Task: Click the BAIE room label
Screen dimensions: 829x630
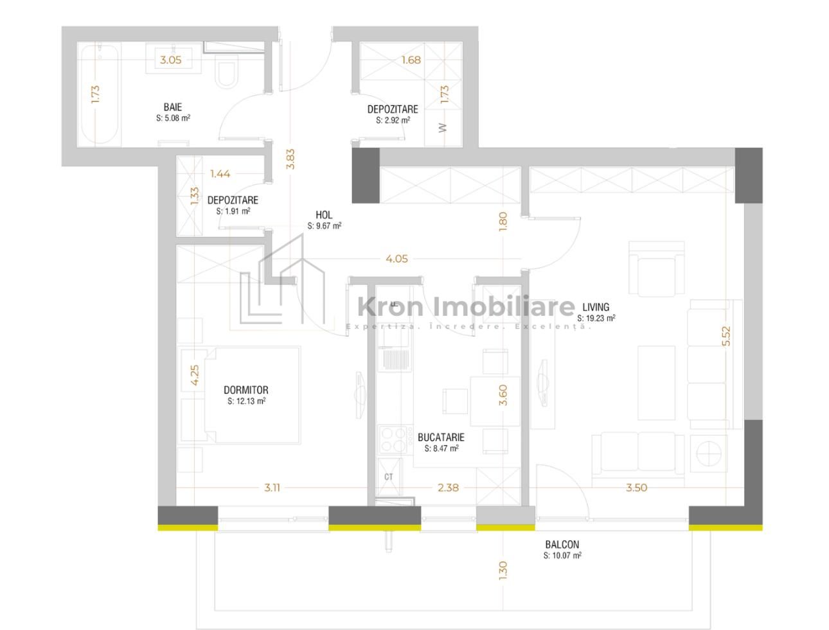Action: (173, 107)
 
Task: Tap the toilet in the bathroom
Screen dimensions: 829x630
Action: (226, 71)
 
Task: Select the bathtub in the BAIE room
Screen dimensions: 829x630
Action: (100, 94)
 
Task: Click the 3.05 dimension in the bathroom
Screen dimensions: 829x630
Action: (171, 60)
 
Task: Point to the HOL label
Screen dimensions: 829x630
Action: (324, 215)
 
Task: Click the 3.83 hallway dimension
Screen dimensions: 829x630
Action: (290, 159)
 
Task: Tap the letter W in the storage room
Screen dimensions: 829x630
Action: (443, 128)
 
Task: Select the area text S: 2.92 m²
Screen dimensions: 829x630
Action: (393, 120)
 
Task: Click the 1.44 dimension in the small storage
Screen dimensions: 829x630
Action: (220, 173)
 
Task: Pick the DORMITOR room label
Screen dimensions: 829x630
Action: (246, 390)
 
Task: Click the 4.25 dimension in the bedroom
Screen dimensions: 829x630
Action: (195, 375)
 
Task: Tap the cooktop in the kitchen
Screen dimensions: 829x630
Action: (393, 439)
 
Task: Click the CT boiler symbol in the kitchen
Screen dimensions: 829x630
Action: (389, 477)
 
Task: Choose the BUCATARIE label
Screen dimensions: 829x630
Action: (441, 437)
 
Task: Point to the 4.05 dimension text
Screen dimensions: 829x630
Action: (397, 259)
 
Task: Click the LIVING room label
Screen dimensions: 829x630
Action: (596, 307)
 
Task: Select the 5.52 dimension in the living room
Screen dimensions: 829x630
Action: (726, 336)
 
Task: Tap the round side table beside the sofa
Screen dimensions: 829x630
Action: (709, 453)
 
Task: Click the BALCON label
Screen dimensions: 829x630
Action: (562, 545)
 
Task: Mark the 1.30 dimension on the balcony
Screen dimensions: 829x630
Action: (503, 571)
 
